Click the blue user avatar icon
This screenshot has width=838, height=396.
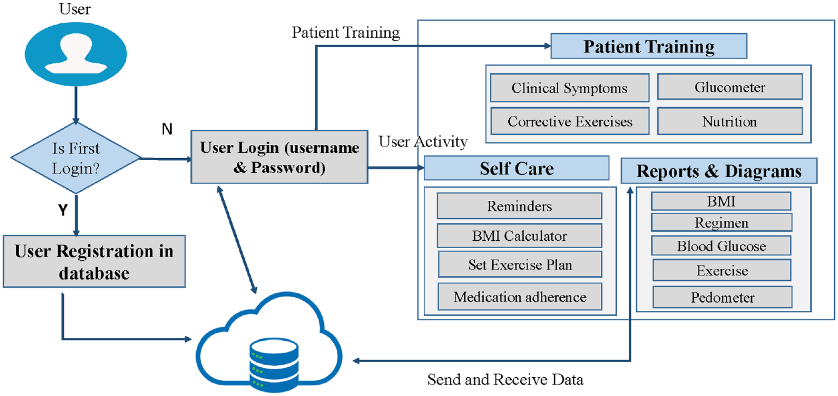pos(76,54)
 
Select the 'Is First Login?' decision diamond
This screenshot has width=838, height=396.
pos(76,158)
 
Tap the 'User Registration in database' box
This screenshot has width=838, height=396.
pos(94,262)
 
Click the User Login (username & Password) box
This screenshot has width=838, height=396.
pos(279,157)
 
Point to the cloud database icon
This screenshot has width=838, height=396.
pos(269,342)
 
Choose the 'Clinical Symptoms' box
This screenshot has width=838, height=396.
pos(570,88)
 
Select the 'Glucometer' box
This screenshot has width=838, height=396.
pos(730,87)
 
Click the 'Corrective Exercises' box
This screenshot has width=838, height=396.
pos(570,121)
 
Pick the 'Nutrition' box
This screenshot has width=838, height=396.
pos(730,121)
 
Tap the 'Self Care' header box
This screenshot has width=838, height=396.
pos(516,169)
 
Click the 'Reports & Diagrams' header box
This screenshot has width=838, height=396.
pos(719,171)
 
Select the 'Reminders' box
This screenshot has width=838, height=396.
pos(519,206)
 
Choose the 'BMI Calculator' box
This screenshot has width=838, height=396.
pos(519,236)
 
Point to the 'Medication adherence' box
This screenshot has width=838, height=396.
pos(520,297)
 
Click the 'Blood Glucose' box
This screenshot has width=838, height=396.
pos(721,246)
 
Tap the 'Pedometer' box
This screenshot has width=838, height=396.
pos(722,298)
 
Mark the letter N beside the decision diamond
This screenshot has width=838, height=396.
pos(167,129)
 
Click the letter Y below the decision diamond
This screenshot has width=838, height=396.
pos(63,209)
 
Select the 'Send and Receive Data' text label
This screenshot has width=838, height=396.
pos(505,379)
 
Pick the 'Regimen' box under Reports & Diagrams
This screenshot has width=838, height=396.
pos(722,222)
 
